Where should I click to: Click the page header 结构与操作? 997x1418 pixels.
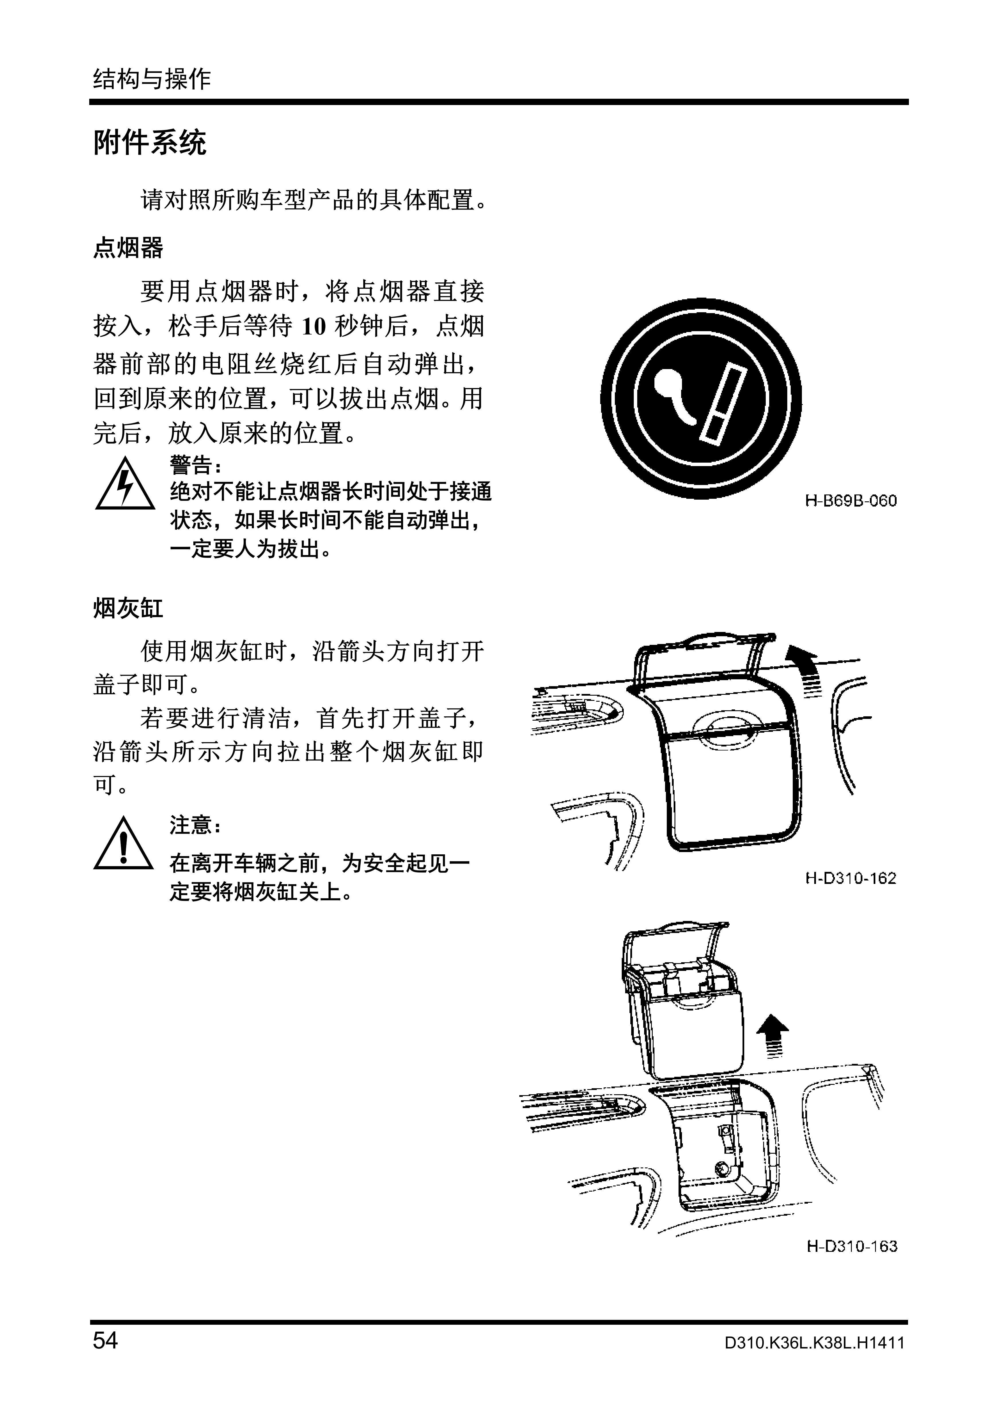[x=152, y=79]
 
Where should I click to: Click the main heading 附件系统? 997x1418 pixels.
[x=150, y=143]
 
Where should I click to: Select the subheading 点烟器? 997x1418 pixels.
[x=129, y=248]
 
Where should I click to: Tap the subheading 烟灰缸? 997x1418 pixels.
[x=129, y=608]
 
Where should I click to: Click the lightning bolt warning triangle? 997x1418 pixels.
[x=125, y=484]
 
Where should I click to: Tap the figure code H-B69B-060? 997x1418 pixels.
[x=851, y=501]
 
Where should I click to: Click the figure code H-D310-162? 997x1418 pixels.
[x=851, y=878]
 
